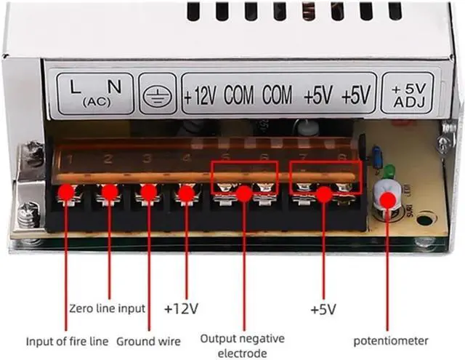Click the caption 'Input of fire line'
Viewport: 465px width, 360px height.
[67, 340]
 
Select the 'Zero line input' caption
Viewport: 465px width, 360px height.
[108, 308]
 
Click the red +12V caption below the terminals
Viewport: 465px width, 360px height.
[181, 308]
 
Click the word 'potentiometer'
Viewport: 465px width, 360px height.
[391, 340]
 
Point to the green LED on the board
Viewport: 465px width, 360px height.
[389, 172]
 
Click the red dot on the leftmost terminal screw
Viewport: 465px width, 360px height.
[67, 192]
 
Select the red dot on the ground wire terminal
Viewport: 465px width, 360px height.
[147, 193]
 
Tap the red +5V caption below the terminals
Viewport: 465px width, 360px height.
[323, 308]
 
